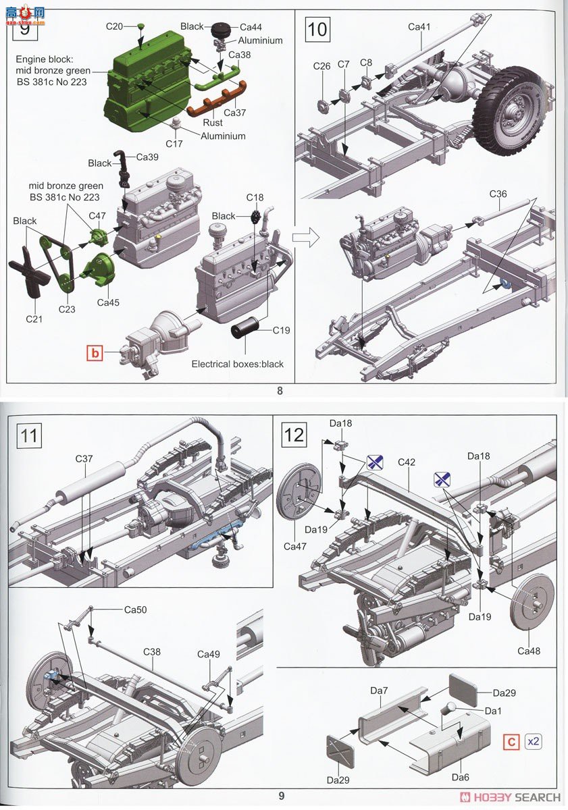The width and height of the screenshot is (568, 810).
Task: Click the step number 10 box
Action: pyautogui.click(x=317, y=30)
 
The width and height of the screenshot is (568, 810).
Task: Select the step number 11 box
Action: pyautogui.click(x=28, y=435)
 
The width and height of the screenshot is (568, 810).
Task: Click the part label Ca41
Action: pyautogui.click(x=419, y=27)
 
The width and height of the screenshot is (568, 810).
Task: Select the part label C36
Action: pyautogui.click(x=498, y=194)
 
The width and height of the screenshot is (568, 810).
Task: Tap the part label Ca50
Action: pyautogui.click(x=135, y=610)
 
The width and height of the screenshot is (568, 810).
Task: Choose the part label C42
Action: pyautogui.click(x=407, y=462)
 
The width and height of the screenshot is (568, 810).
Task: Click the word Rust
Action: pyautogui.click(x=213, y=123)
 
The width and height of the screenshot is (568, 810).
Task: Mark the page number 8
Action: pyautogui.click(x=279, y=390)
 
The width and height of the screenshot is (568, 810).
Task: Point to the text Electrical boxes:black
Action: pyautogui.click(x=238, y=364)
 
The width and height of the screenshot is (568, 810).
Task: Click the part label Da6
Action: pyautogui.click(x=461, y=778)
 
